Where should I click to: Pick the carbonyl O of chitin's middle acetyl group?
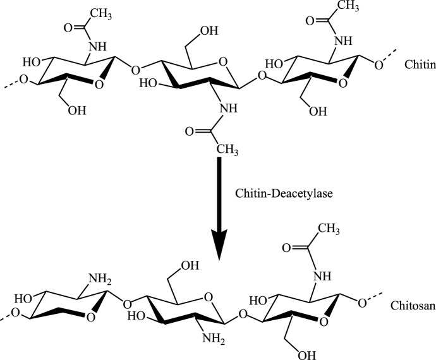pos(190,132)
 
